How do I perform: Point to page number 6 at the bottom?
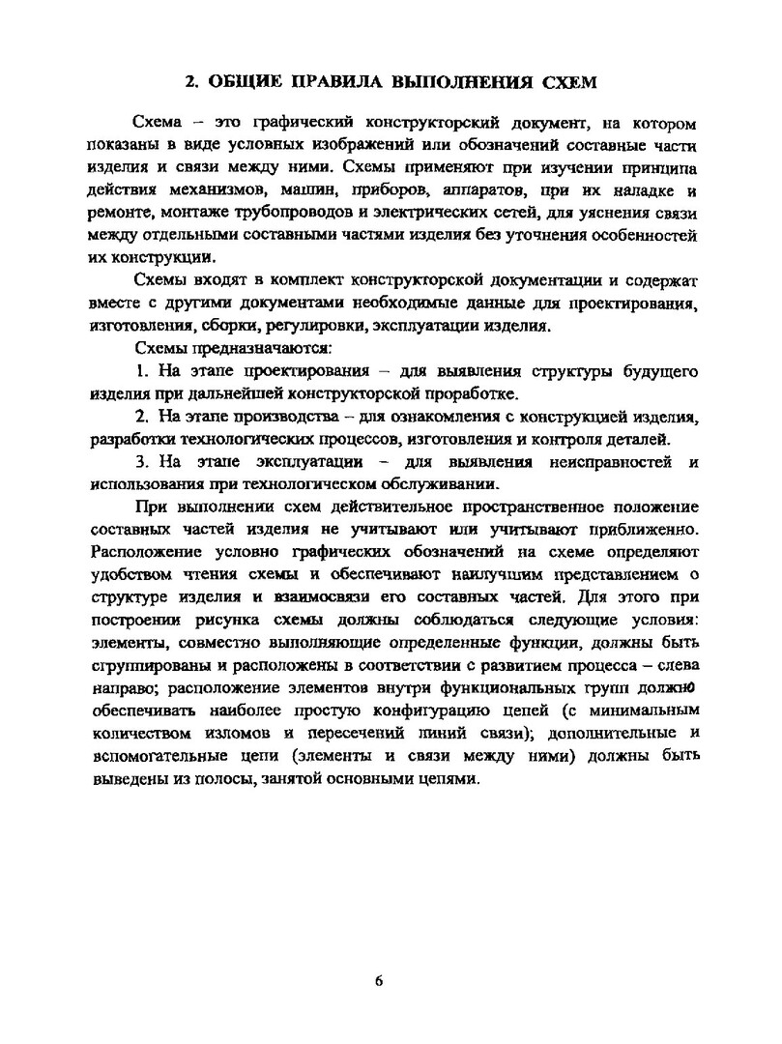379,980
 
